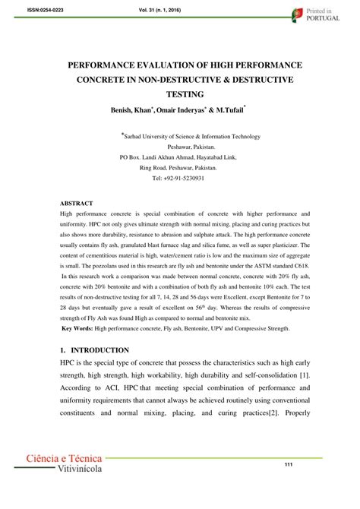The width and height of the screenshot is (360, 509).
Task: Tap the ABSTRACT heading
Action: [76, 204]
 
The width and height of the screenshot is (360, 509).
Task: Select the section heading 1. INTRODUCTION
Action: [94, 350]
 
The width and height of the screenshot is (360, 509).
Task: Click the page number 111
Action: [289, 466]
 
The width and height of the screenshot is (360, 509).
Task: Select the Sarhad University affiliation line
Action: [180, 137]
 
